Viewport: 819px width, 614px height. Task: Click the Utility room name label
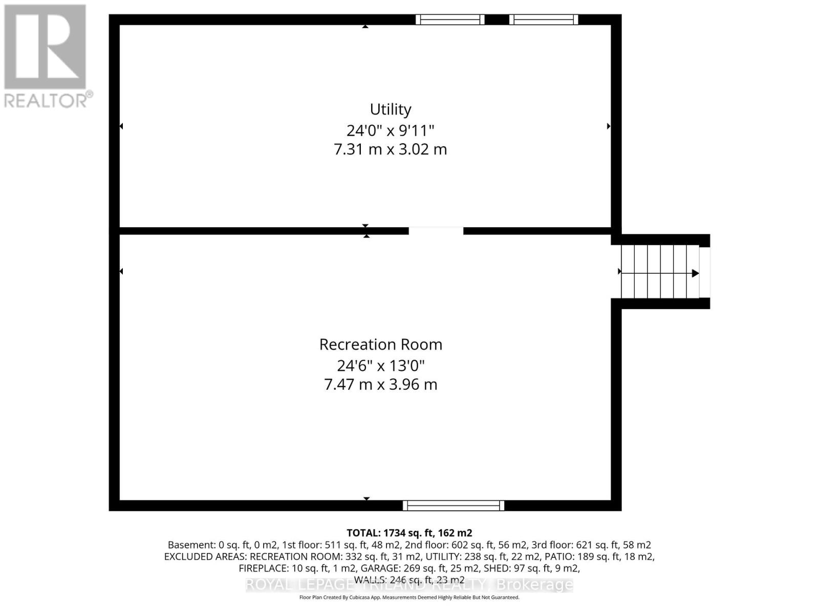391,109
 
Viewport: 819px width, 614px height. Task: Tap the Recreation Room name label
381,344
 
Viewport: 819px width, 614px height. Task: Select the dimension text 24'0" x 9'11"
391,130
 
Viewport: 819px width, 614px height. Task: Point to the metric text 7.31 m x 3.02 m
391,149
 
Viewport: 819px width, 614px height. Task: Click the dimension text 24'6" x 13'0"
381,365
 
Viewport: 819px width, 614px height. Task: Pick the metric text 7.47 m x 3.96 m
381,384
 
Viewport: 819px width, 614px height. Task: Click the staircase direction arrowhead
695,273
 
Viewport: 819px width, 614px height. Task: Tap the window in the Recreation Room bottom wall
454,506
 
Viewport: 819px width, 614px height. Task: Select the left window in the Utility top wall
450,19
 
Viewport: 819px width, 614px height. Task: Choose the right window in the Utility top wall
544,19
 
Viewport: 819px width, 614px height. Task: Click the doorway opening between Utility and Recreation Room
436,231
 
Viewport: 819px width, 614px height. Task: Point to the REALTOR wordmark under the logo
48,100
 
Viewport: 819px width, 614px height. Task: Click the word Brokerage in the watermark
535,584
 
